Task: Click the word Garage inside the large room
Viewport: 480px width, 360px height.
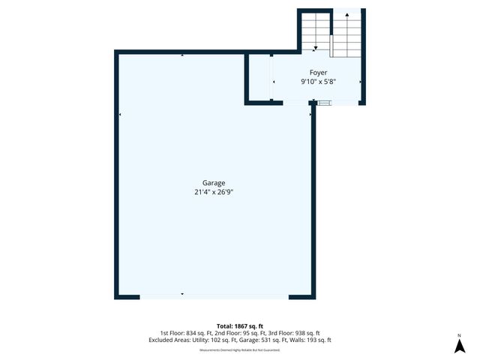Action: (x=214, y=182)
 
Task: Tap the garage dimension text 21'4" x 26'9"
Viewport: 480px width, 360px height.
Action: (x=214, y=192)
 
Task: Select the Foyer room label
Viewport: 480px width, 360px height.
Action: (x=319, y=73)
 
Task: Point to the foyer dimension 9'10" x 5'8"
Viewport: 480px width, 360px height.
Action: (x=319, y=82)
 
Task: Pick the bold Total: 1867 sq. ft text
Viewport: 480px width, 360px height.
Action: (x=240, y=326)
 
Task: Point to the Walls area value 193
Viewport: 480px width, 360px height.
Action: (x=302, y=340)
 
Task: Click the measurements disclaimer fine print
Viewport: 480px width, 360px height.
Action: (x=240, y=350)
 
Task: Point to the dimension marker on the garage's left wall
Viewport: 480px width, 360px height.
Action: (x=120, y=115)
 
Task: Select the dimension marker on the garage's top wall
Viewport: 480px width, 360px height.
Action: (x=182, y=55)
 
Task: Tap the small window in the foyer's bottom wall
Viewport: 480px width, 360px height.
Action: (x=323, y=103)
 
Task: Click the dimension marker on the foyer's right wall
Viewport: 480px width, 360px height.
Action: (x=361, y=81)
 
